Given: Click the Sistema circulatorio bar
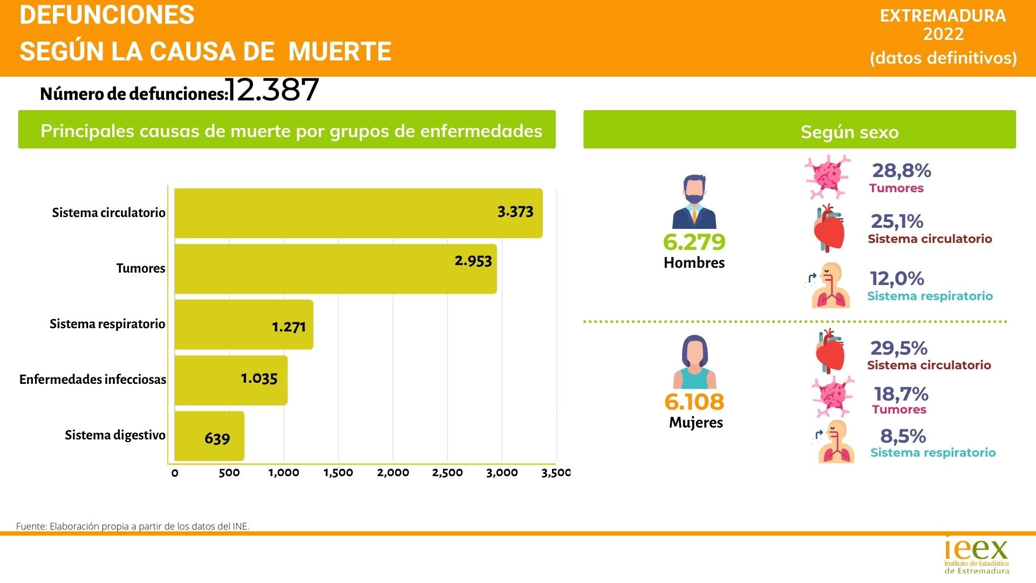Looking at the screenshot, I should point(358,213).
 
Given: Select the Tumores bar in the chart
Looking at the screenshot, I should point(335,269).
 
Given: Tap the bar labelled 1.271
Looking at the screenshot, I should point(244,324).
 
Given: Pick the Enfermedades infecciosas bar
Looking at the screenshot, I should point(231,380).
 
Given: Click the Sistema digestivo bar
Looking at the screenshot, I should point(209,436).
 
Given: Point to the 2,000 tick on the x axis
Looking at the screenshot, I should point(393,473).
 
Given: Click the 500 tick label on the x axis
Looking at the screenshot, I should point(229,473).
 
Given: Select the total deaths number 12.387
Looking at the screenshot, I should point(273,90).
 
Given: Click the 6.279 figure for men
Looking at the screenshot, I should point(694,242).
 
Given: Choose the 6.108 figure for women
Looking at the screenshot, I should point(694,402).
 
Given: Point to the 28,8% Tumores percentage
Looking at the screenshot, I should point(902,171).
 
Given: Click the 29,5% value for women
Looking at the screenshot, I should point(899,348).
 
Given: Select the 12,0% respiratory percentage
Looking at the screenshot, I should point(897,279).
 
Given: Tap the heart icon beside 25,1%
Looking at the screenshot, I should point(829,229).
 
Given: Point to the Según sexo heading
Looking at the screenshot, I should point(849,132).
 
